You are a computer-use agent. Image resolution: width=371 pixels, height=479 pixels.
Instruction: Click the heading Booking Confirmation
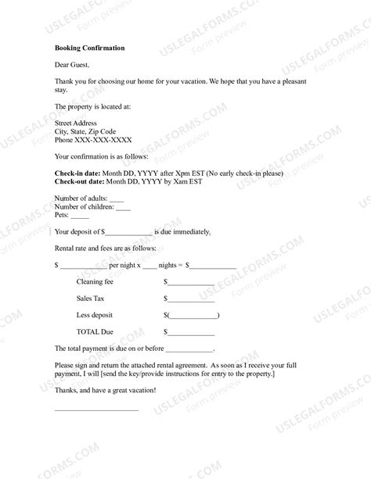coord(90,48)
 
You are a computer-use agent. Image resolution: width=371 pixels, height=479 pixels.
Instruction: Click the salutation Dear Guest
coord(73,65)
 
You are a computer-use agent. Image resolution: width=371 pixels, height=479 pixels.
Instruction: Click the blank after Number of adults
coord(117,199)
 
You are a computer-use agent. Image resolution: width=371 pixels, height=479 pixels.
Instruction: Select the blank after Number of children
coord(123,207)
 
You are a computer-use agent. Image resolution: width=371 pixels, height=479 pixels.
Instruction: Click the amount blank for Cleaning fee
coord(191,282)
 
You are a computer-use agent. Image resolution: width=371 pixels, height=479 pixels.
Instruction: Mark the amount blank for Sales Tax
coord(191,299)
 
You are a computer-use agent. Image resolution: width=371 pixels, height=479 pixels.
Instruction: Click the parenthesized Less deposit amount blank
coord(193,316)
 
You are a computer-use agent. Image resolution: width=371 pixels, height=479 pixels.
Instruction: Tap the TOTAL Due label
coord(95,332)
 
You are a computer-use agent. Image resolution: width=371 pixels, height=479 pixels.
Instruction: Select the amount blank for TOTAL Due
coord(191,333)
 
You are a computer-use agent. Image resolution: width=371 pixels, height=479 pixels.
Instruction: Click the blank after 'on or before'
coord(189,349)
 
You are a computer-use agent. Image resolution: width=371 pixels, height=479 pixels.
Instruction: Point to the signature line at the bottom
coord(96,409)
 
